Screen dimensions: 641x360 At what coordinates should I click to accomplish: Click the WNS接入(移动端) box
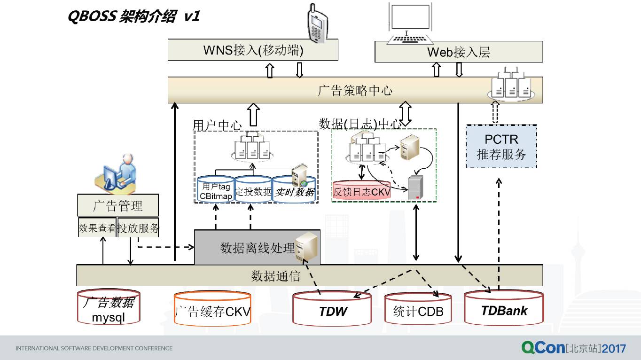pos(253,50)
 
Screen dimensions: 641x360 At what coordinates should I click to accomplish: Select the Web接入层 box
pos(459,52)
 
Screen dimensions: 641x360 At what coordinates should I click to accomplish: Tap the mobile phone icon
pos(317,23)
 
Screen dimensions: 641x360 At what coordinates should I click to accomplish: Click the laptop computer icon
pos(410,23)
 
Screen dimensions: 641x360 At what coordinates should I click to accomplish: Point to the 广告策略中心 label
pos(355,90)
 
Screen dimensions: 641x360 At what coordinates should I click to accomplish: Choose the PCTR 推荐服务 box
pos(501,147)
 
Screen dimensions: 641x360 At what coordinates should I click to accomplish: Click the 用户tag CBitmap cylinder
pos(216,189)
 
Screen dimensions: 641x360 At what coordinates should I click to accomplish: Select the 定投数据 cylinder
pos(253,189)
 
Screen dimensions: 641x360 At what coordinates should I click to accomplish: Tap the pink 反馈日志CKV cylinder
pos(361,190)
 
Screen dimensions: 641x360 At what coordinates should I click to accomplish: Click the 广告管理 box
pos(118,205)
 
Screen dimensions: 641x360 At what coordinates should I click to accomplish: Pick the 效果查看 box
pos(97,228)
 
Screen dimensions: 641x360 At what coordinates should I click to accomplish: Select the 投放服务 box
pos(138,228)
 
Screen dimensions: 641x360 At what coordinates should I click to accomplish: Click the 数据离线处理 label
pos(257,248)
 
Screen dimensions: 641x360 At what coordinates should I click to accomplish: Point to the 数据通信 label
pos(275,276)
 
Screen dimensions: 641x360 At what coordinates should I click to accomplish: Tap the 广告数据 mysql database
pos(109,307)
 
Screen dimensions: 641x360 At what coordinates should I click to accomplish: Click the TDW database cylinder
pos(332,310)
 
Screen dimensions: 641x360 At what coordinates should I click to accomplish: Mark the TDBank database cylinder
pos(504,308)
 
